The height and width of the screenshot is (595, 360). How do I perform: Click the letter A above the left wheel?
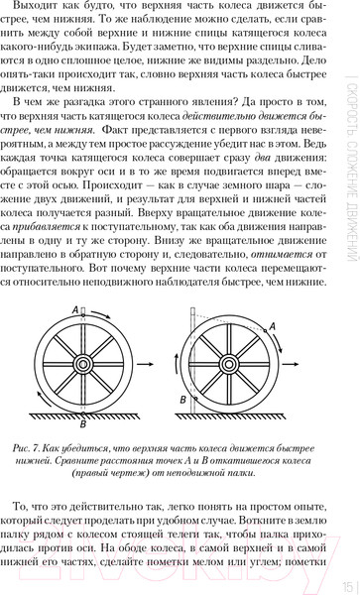(x=76, y=337)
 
